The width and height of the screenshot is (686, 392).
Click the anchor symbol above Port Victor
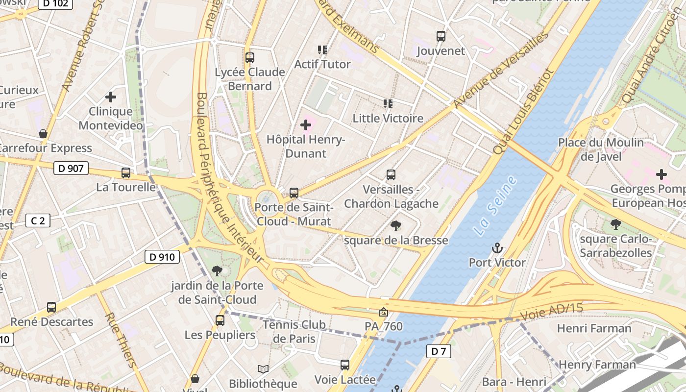(497, 248)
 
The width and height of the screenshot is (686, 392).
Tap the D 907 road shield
(71, 169)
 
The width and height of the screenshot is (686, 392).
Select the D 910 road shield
(162, 257)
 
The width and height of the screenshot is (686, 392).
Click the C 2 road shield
(38, 221)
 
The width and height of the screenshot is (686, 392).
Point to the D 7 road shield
(438, 351)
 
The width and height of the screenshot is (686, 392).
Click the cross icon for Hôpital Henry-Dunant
(306, 125)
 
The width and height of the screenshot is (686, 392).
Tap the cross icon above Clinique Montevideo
(111, 97)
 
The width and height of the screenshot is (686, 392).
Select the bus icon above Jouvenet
(441, 36)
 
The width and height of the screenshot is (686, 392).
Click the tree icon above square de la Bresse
(395, 226)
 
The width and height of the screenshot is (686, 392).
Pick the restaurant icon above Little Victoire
(388, 104)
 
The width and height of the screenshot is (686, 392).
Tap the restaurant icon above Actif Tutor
(322, 50)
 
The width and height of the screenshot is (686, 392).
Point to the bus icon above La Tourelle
(126, 173)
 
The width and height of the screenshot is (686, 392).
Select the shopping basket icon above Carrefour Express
(43, 134)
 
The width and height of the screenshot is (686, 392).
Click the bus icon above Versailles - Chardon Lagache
(391, 175)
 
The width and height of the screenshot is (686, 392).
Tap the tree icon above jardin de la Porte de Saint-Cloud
(217, 271)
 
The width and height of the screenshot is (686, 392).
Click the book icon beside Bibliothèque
(263, 369)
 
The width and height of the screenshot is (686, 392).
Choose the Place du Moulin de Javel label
(601, 149)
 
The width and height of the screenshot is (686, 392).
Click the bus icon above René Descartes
(51, 307)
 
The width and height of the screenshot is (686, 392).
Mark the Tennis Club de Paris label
(294, 331)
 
